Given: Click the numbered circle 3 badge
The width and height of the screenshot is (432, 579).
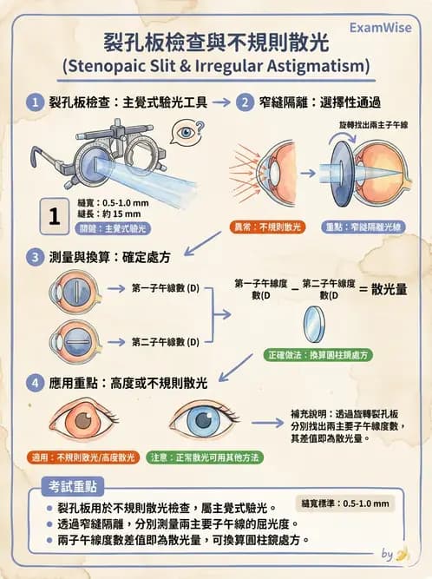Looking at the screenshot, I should pyautogui.click(x=34, y=257).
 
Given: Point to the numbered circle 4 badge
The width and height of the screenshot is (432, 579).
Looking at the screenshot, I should pyautogui.click(x=34, y=383).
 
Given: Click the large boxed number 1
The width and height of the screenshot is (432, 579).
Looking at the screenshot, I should pyautogui.click(x=54, y=215).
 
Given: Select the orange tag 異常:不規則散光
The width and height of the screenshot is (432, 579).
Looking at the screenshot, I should pyautogui.click(x=268, y=227).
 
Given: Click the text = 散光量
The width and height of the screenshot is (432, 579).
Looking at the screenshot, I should pyautogui.click(x=384, y=289).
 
